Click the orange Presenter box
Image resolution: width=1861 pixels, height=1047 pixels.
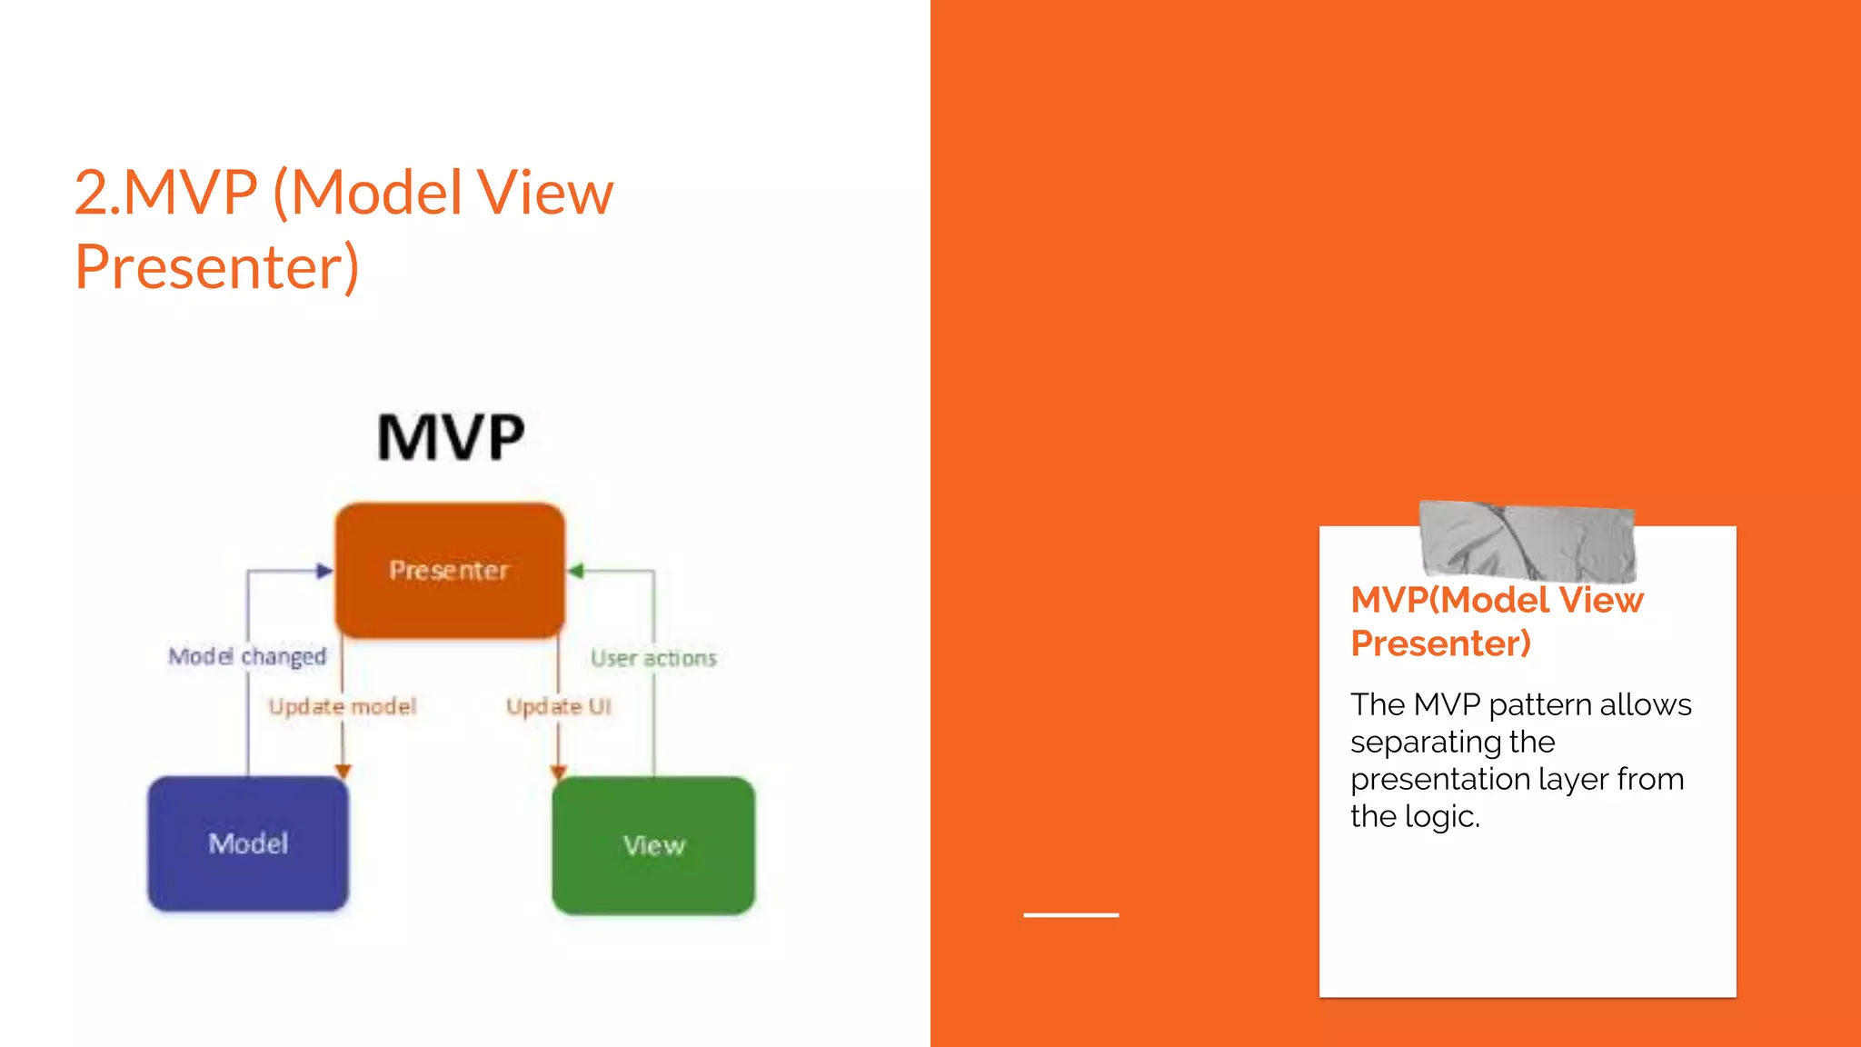pos(450,570)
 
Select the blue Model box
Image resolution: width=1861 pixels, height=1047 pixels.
pos(248,843)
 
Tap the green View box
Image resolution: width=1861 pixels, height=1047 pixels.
pos(653,845)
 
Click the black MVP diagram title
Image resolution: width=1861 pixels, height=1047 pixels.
pos(451,437)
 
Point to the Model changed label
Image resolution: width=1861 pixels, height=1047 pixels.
pos(247,656)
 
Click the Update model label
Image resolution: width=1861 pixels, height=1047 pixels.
pos(343,706)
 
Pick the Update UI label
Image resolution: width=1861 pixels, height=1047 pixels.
pos(559,706)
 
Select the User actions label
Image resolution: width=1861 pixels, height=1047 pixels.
pos(653,658)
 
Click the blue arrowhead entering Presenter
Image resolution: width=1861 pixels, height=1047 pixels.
pos(324,571)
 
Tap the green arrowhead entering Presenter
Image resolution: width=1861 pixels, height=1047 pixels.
pos(575,571)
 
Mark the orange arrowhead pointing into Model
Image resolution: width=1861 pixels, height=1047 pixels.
pos(343,771)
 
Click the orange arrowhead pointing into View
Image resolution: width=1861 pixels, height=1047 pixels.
pos(558,772)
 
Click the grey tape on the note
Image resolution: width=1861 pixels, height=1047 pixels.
pos(1527,542)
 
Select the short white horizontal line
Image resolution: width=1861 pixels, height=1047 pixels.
pos(1070,914)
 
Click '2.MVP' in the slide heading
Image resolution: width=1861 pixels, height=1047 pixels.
pos(166,193)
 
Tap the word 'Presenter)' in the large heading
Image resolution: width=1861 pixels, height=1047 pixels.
pos(217,267)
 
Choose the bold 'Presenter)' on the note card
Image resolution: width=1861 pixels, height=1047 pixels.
pos(1440,643)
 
